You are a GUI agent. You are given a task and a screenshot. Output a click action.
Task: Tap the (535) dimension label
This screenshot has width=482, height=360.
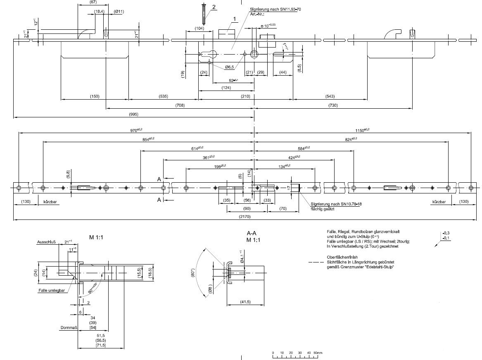tap(163, 96)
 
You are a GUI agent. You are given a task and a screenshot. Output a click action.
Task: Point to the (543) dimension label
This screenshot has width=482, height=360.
tap(330, 96)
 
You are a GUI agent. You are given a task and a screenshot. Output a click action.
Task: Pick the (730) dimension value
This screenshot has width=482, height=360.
tap(333, 105)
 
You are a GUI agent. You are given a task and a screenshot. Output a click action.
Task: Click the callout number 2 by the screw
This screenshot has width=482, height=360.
tap(214, 7)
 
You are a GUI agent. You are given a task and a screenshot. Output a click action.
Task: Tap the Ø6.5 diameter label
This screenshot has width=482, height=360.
tap(230, 67)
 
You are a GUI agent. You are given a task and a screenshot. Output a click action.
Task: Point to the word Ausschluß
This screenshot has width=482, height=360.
tap(43, 242)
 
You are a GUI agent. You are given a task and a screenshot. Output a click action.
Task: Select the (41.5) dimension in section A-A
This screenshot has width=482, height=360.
tap(245, 302)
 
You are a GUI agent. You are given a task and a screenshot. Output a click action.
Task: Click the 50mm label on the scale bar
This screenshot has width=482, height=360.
tap(317, 353)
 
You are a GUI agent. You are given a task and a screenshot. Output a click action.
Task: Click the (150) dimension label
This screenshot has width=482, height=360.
tap(94, 96)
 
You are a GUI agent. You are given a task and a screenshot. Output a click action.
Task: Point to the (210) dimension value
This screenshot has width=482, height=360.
tap(245, 96)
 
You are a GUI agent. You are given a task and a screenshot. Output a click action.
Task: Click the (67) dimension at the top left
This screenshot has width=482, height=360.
tap(93, 2)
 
